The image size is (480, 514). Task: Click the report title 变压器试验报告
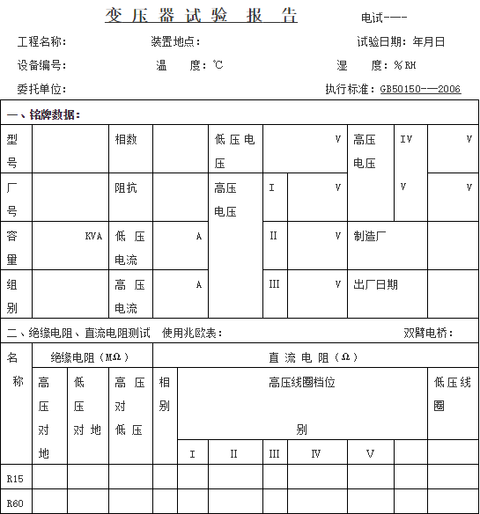pos(201,17)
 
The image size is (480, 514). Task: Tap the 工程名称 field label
pos(41,41)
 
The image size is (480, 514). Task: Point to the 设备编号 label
pos(41,65)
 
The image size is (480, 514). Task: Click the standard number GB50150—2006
pos(420,89)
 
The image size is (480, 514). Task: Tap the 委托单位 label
pos(41,89)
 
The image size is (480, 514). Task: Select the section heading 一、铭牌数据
pos(44,115)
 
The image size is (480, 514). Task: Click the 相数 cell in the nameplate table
pos(125,139)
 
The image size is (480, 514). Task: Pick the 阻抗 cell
pos(125,187)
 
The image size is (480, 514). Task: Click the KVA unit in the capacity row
pos(93,236)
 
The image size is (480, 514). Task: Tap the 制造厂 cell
pos(370,236)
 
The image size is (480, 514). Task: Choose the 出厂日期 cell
pos(375,284)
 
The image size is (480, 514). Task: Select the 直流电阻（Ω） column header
pos(314,356)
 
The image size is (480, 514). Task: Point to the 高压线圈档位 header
pos(301,382)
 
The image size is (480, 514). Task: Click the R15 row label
pos(15,479)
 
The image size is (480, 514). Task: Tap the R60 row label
pos(15,503)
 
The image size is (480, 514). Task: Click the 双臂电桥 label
pos(429,333)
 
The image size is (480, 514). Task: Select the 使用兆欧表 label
pos(192,333)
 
